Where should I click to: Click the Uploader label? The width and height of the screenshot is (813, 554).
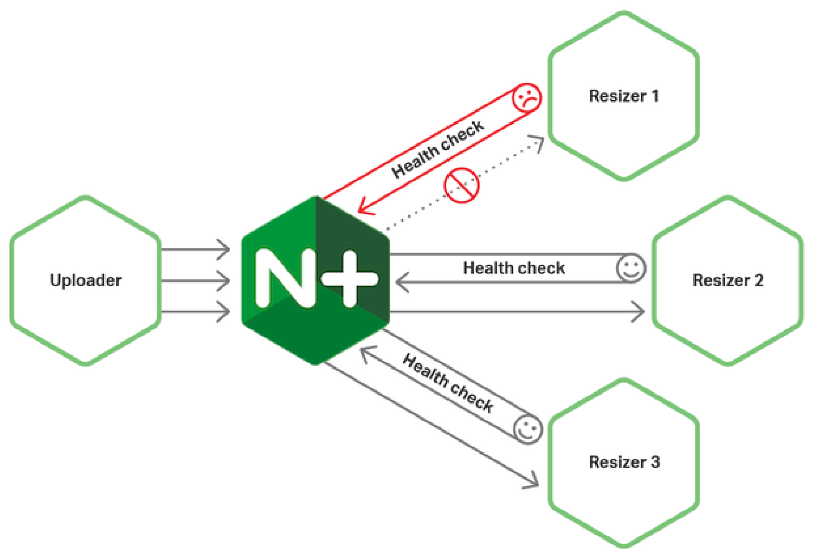click(86, 280)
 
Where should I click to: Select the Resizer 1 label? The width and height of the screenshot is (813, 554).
click(624, 96)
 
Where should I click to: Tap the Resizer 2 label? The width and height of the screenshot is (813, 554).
click(728, 280)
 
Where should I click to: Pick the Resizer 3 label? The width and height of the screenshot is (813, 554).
click(624, 462)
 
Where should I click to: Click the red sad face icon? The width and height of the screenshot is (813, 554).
click(527, 98)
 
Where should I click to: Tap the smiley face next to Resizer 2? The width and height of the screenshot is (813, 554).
click(631, 268)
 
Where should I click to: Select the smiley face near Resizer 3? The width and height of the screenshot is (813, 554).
click(528, 430)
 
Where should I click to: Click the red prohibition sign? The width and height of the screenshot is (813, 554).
click(461, 185)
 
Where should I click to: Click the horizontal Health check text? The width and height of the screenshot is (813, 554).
click(514, 268)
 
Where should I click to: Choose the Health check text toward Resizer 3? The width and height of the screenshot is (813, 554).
click(448, 383)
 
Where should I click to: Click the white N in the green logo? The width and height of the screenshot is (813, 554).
click(285, 278)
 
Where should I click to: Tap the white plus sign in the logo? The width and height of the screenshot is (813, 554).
click(349, 278)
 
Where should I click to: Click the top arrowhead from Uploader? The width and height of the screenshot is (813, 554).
click(224, 249)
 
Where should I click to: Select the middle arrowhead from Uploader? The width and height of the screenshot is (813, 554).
click(224, 281)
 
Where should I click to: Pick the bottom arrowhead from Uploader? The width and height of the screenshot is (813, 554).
click(224, 312)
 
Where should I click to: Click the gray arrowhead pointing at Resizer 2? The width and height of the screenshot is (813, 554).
click(638, 312)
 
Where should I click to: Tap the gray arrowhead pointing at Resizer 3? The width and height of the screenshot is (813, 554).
click(532, 481)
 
